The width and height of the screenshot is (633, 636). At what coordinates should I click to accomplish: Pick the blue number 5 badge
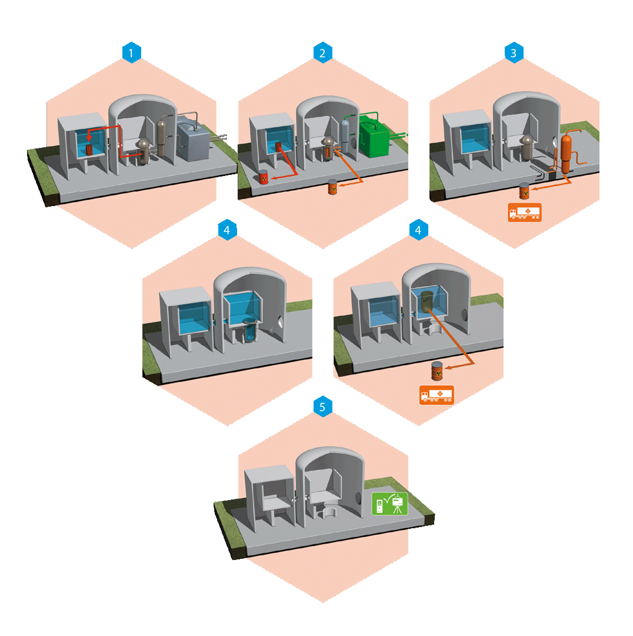pyautogui.click(x=323, y=406)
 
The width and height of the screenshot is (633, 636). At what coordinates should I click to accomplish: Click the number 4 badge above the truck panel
pyautogui.click(x=418, y=230)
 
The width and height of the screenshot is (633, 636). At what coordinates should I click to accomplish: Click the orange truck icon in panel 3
pyautogui.click(x=524, y=213)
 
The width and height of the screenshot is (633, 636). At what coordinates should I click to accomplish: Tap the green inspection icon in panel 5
pyautogui.click(x=389, y=504)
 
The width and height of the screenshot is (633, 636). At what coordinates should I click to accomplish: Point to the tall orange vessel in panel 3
pyautogui.click(x=567, y=153)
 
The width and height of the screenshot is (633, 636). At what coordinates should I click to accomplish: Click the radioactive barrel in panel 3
pyautogui.click(x=524, y=190)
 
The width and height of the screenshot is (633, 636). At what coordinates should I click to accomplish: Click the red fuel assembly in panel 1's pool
pyautogui.click(x=90, y=150)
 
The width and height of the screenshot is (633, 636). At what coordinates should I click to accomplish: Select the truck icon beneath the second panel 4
pyautogui.click(x=437, y=395)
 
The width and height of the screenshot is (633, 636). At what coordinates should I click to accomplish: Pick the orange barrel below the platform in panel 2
pyautogui.click(x=332, y=187)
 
